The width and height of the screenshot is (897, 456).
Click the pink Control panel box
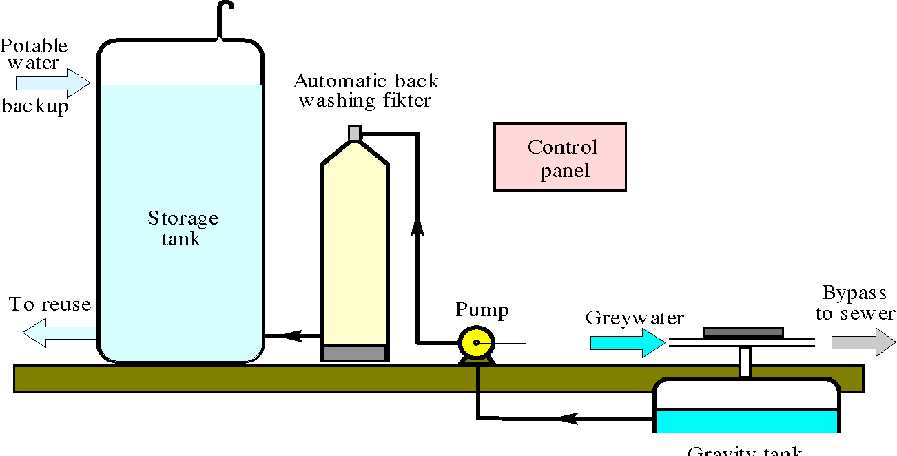click(559, 157)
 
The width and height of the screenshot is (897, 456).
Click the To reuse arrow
click(59, 334)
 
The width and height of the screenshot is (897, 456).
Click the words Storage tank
click(183, 229)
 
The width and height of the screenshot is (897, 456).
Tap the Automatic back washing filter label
click(366, 91)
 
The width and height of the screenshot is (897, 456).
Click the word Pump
click(482, 310)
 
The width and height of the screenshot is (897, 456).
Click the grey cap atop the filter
click(355, 132)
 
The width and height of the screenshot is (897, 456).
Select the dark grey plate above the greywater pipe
click(743, 333)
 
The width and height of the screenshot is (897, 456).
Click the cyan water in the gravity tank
click(745, 421)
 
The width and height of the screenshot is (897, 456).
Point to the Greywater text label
click(635, 318)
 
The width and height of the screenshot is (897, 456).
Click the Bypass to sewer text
click(854, 303)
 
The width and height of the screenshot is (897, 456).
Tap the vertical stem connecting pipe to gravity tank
click(745, 362)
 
